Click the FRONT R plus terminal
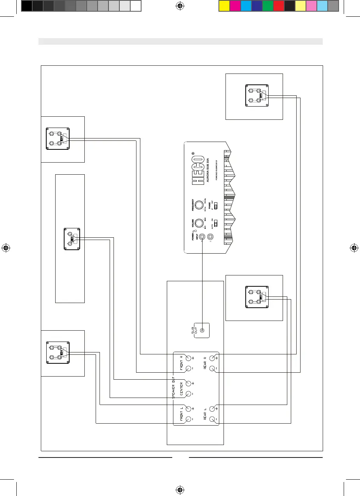coord(189,358)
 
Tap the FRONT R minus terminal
coord(189,368)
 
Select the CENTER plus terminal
coord(189,384)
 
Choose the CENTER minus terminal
coord(189,394)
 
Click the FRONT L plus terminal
coord(189,409)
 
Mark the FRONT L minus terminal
coord(189,419)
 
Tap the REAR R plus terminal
coord(212,358)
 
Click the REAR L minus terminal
coord(212,419)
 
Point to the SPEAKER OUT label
coord(174,389)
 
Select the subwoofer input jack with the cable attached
coord(202,237)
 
